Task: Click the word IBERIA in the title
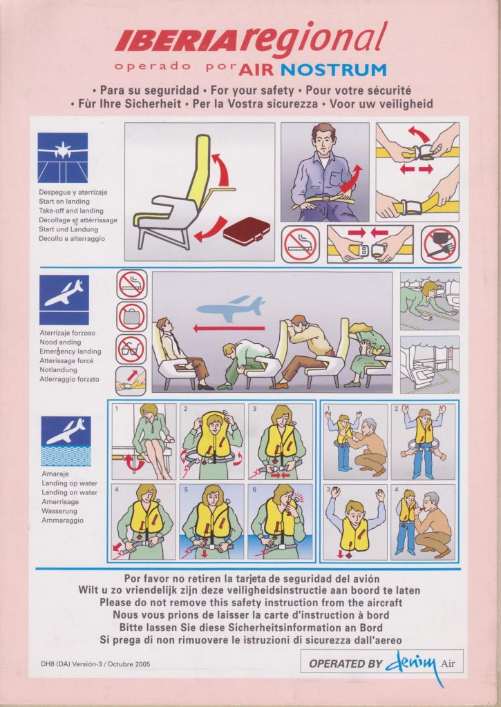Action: tap(176, 42)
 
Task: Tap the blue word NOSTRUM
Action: tap(334, 70)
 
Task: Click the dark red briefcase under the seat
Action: tap(246, 231)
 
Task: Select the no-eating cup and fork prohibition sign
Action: tap(440, 244)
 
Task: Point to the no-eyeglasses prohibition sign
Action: tap(131, 349)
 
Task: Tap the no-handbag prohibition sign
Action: tap(131, 316)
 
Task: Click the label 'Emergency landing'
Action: tap(70, 351)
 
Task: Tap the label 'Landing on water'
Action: tap(70, 492)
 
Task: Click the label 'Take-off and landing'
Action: tap(71, 211)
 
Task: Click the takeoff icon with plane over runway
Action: tap(62, 158)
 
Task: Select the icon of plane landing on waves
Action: tap(66, 441)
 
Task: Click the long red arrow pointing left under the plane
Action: tap(229, 328)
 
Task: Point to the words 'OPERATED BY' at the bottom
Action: tap(346, 664)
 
